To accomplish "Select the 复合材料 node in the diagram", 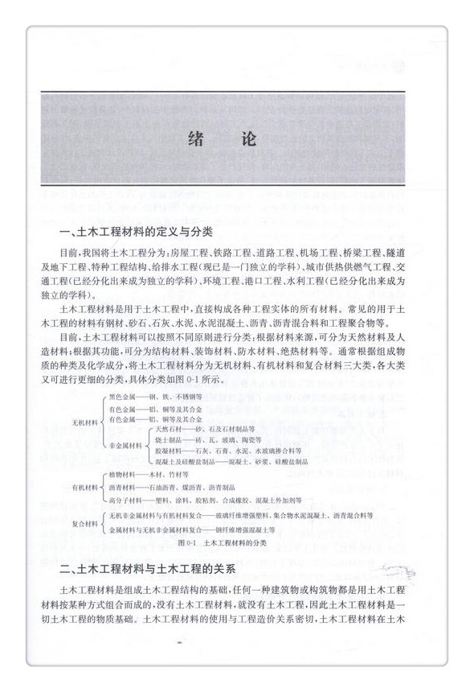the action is point(85,523).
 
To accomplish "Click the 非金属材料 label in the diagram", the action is point(126,445).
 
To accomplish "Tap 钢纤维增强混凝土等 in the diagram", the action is point(250,530).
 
